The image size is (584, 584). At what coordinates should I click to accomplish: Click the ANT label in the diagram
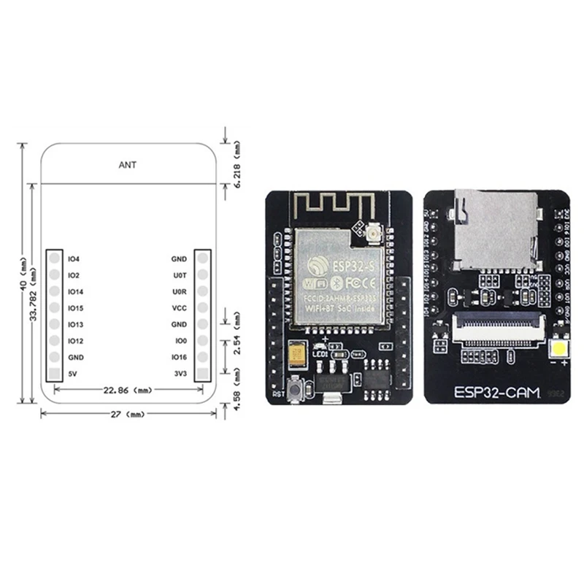point(127,165)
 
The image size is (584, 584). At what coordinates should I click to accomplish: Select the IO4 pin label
point(73,259)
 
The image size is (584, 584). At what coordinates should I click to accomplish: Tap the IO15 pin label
point(75,308)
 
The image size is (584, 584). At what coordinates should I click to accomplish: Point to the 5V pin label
point(72,374)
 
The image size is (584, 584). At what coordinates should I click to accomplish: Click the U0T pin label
point(179,275)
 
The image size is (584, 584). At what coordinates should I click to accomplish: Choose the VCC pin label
point(179,308)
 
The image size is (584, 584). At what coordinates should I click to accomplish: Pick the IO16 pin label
point(179,357)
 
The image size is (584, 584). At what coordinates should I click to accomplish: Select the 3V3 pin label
point(180,374)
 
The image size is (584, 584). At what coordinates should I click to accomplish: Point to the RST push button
point(293,392)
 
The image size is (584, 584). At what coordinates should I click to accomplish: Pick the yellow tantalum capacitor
point(297,356)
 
